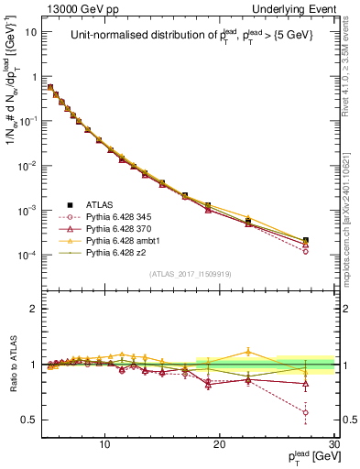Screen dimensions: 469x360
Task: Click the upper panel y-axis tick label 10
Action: pos(32,31)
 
